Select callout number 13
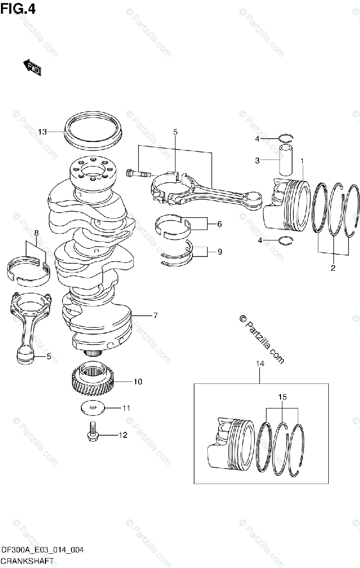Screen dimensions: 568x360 [42, 132]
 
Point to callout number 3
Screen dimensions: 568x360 [257, 160]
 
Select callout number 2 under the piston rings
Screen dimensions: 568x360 [333, 268]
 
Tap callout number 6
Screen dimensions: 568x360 [219, 224]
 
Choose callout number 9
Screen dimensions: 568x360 [219, 252]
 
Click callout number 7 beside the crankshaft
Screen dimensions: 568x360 [155, 315]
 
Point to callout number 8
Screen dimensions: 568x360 [36, 232]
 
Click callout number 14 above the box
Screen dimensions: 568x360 [260, 364]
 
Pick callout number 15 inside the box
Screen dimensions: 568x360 [282, 397]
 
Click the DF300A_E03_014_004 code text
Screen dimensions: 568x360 [43, 550]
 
